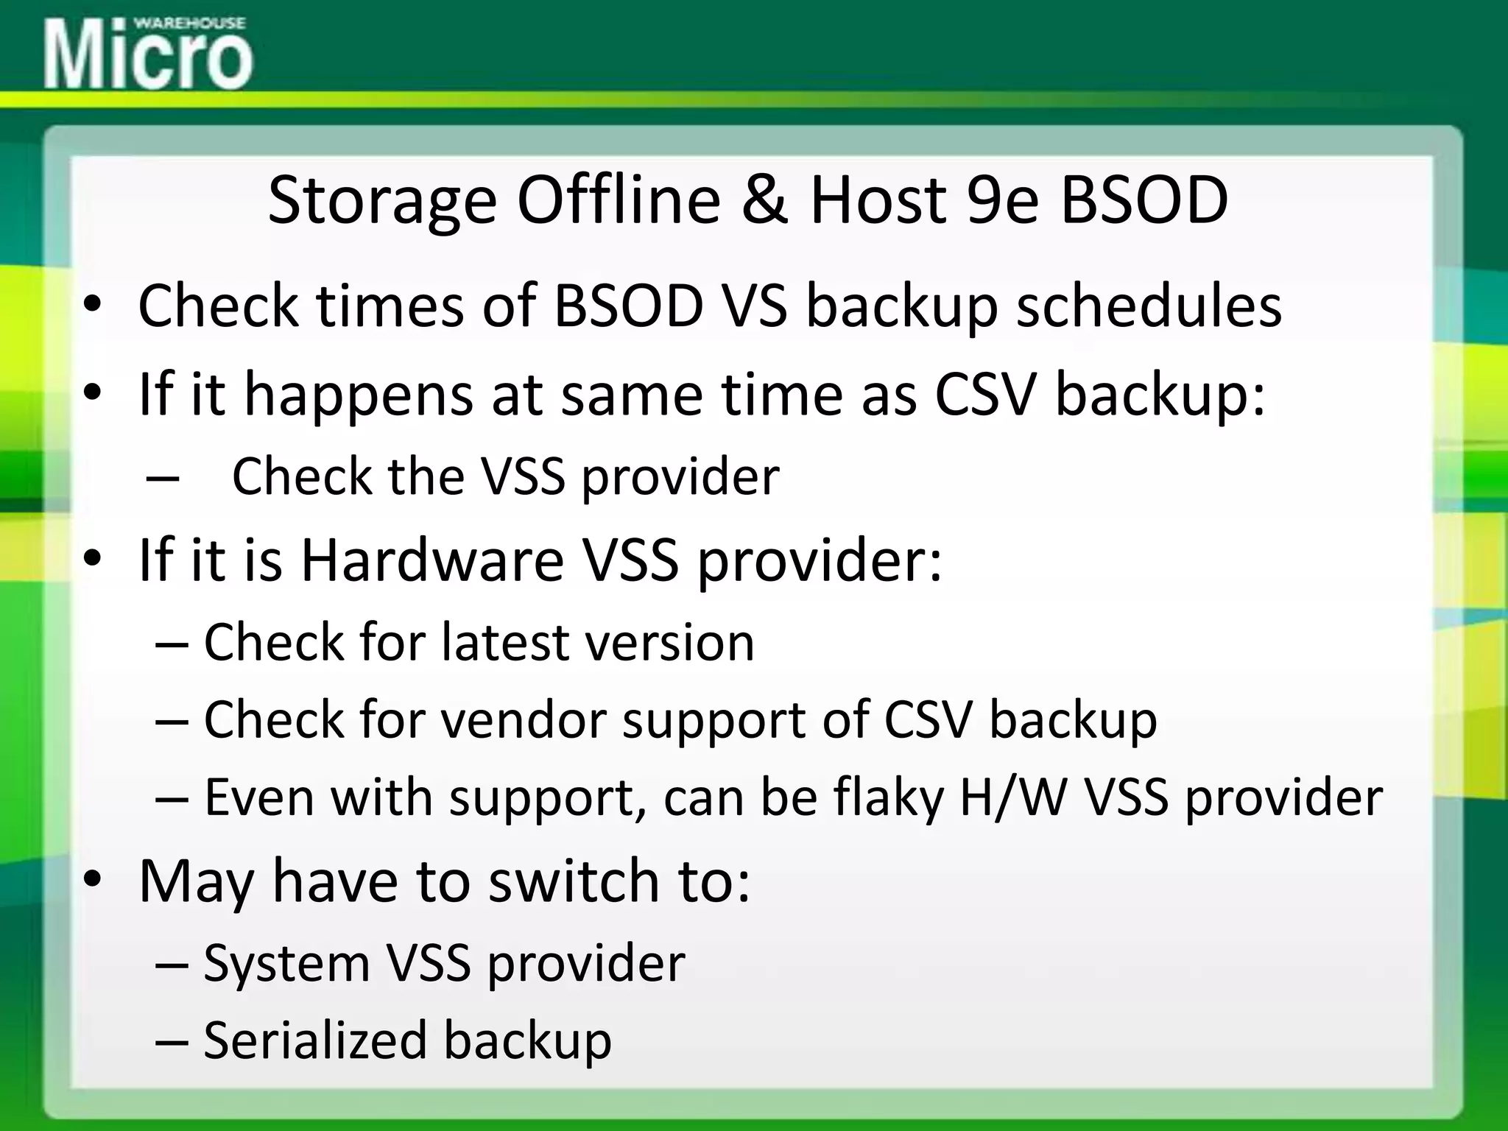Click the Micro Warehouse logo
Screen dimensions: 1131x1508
tap(147, 53)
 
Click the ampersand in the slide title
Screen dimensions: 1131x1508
tap(764, 200)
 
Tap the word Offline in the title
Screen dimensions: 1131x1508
tap(619, 200)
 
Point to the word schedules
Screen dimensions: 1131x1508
tap(1149, 306)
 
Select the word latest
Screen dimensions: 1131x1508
tap(504, 643)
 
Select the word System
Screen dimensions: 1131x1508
tap(286, 964)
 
